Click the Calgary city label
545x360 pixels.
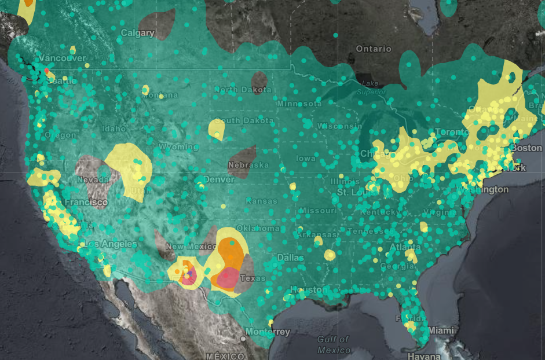pos(138,33)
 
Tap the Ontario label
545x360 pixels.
pos(374,49)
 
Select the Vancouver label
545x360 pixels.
pos(62,58)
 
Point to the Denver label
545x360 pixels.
pos(218,179)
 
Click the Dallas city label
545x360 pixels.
pos(290,257)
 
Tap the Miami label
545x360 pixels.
pos(442,330)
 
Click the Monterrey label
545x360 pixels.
pos(267,332)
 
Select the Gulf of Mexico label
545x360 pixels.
pos(334,344)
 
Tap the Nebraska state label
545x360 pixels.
pos(248,165)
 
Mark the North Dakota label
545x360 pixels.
pos(242,90)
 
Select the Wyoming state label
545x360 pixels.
pos(178,147)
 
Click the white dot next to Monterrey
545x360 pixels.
pos(243,338)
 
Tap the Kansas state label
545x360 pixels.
pos(261,201)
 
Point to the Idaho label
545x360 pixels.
pos(114,128)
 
